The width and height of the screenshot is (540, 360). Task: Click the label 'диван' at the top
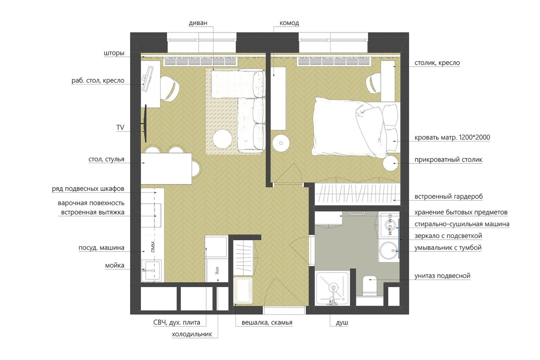pyautogui.click(x=198, y=23)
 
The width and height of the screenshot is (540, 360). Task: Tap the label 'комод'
pyautogui.click(x=289, y=23)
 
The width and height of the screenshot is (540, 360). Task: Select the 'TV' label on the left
pyautogui.click(x=120, y=127)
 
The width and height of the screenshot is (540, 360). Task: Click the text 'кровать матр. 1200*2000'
pyautogui.click(x=452, y=137)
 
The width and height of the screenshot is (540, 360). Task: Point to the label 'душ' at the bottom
pyautogui.click(x=342, y=323)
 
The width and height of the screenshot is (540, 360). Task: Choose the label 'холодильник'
pyautogui.click(x=192, y=334)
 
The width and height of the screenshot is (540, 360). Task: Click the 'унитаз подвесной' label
pyautogui.click(x=442, y=275)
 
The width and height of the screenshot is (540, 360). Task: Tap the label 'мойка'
pyautogui.click(x=115, y=265)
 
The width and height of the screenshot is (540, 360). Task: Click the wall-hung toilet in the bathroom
pyautogui.click(x=370, y=285)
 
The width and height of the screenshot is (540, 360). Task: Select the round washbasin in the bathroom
pyautogui.click(x=389, y=251)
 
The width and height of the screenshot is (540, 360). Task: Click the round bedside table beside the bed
pyautogui.click(x=391, y=163)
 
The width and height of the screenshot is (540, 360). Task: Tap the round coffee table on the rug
pyautogui.click(x=222, y=139)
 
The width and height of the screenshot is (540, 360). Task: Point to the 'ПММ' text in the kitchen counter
pyautogui.click(x=153, y=247)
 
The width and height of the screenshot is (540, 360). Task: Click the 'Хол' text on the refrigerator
pyautogui.click(x=217, y=270)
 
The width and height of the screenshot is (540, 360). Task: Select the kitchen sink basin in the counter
pyautogui.click(x=151, y=270)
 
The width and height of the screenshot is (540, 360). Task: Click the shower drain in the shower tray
pyautogui.click(x=333, y=287)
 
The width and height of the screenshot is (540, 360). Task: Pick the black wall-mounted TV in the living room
pyautogui.click(x=145, y=123)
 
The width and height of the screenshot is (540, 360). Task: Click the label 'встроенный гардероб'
pyautogui.click(x=449, y=197)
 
